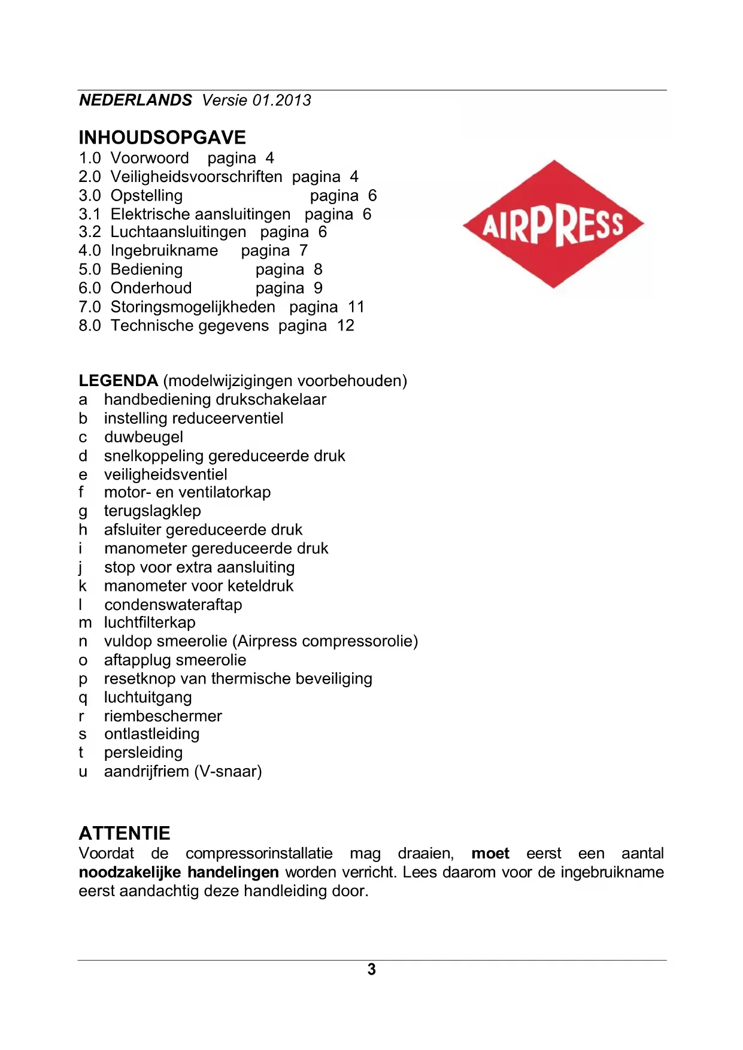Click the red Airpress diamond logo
coord(553,224)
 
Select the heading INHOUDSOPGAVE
coord(162,138)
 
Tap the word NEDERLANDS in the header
coord(136,100)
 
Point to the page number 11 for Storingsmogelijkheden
coord(356,307)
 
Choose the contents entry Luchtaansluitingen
coord(178,232)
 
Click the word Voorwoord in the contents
coord(150,158)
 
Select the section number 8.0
coord(90,326)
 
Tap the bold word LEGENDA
coord(119,381)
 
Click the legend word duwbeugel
coord(144,437)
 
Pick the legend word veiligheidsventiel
coord(166,475)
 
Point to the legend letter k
coord(83,586)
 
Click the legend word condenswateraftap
coord(173,605)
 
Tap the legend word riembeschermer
coord(163,716)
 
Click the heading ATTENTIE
coord(125,833)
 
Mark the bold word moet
coord(490,854)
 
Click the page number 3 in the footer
coord(372,969)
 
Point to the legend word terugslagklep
coord(153,511)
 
